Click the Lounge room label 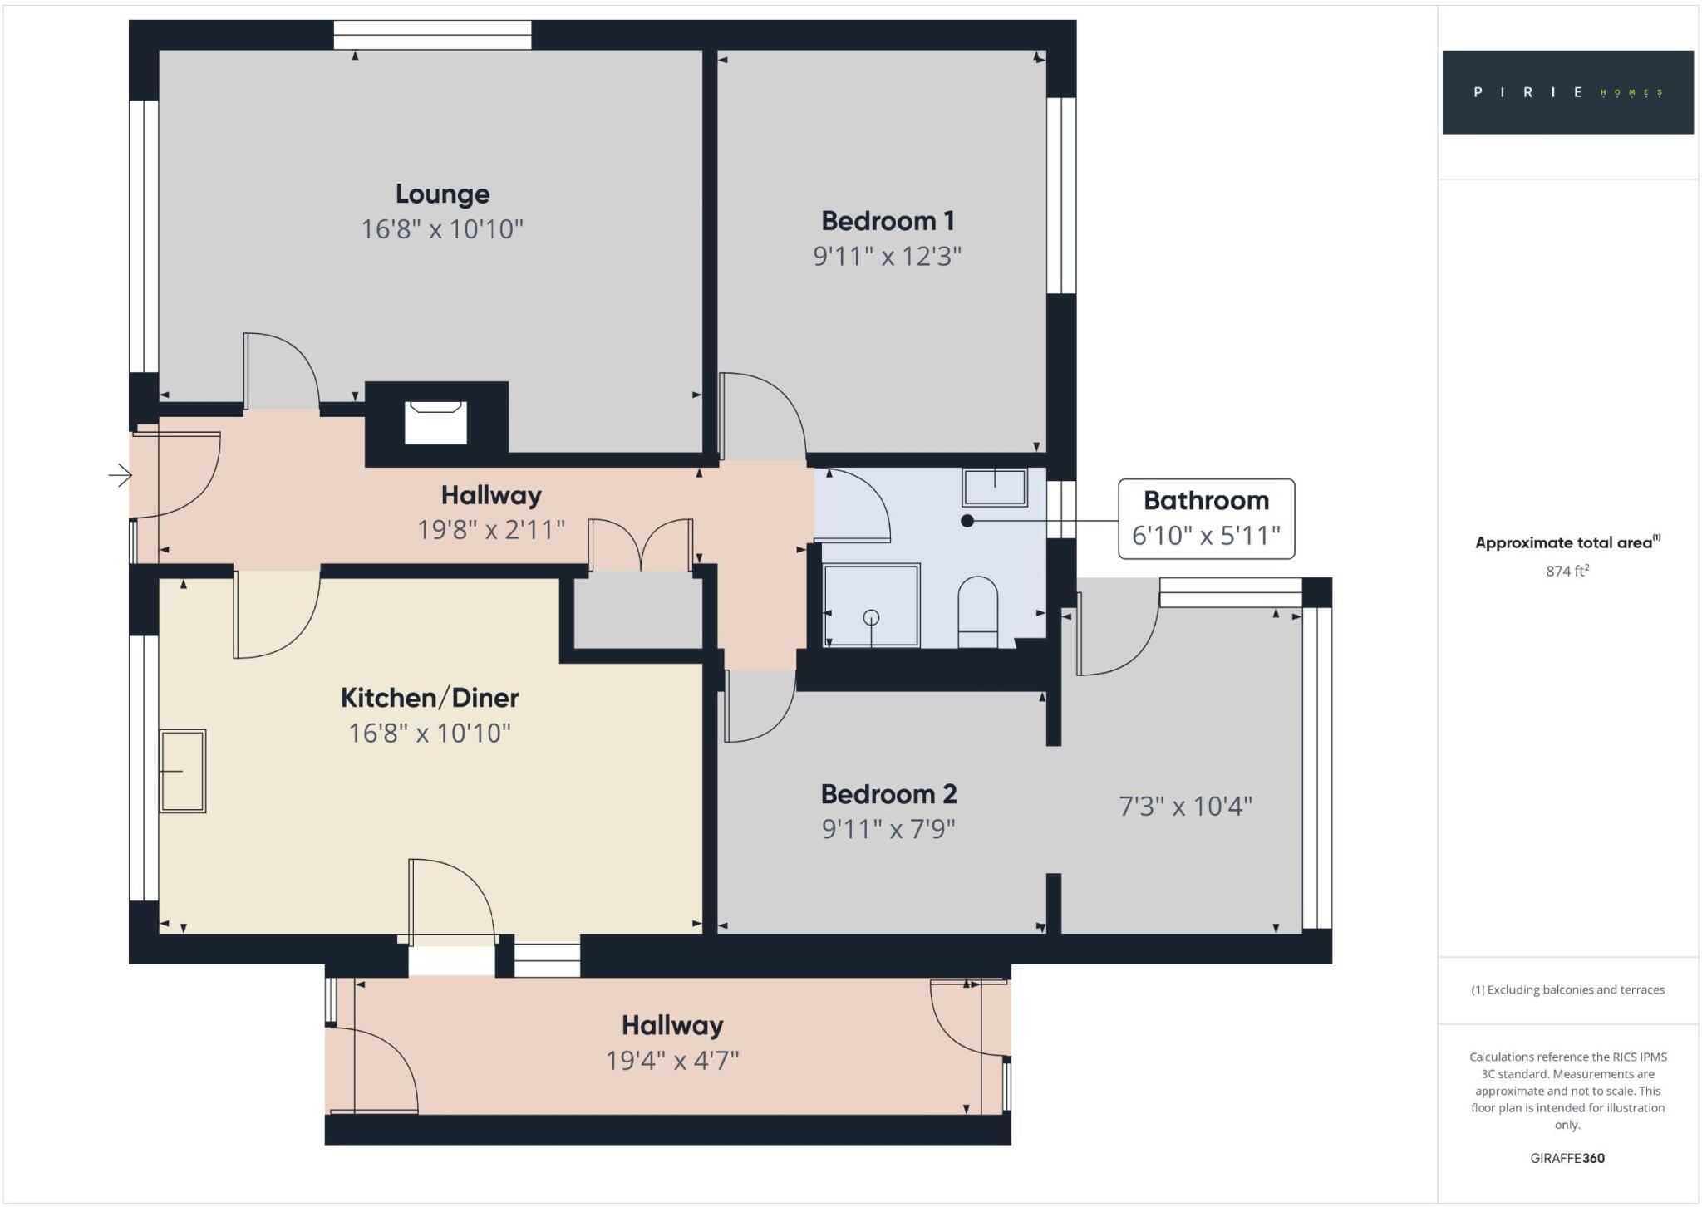pyautogui.click(x=442, y=194)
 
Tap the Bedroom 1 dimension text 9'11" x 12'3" pyautogui.click(x=887, y=256)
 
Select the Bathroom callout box pyautogui.click(x=1206, y=518)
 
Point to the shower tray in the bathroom pyautogui.click(x=871, y=606)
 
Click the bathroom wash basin pyautogui.click(x=995, y=487)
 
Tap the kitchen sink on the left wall pyautogui.click(x=183, y=771)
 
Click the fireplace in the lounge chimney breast pyautogui.click(x=435, y=423)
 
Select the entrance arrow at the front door pyautogui.click(x=121, y=475)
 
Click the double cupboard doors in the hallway pyautogui.click(x=641, y=545)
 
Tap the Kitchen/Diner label pyautogui.click(x=430, y=697)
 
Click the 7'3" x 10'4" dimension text pyautogui.click(x=1185, y=806)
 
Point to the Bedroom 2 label pyautogui.click(x=888, y=794)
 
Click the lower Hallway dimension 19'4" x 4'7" pyautogui.click(x=672, y=1061)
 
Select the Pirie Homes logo pyautogui.click(x=1567, y=92)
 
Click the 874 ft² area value pyautogui.click(x=1567, y=571)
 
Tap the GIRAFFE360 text pyautogui.click(x=1567, y=1158)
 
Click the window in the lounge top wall pyautogui.click(x=432, y=35)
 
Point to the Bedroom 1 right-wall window pyautogui.click(x=1061, y=195)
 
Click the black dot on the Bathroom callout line pyautogui.click(x=967, y=521)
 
